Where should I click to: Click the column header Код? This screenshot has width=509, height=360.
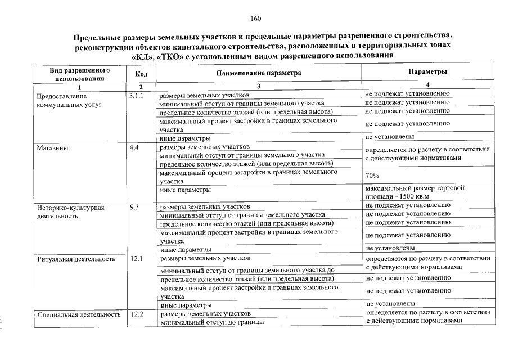tap(141, 74)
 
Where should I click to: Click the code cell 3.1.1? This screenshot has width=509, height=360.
tap(137, 96)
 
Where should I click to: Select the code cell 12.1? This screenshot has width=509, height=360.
tap(135, 259)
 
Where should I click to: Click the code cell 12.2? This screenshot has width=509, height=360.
tap(136, 314)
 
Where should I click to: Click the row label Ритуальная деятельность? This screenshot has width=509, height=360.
tap(76, 259)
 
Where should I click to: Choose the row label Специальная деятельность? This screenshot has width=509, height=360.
tap(79, 314)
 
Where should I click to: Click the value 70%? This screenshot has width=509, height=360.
tap(372, 175)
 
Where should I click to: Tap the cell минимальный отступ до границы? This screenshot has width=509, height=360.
tap(212, 323)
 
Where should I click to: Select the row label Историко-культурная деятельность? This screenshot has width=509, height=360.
tap(70, 211)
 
